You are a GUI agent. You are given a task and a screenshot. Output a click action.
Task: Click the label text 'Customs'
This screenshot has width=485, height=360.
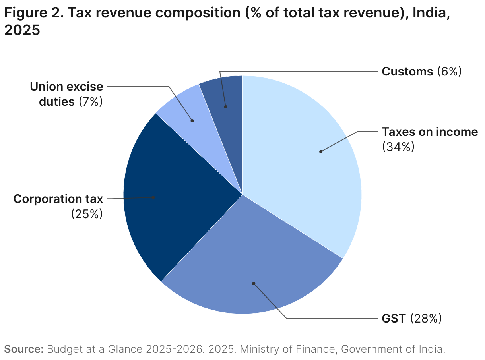click(x=407, y=72)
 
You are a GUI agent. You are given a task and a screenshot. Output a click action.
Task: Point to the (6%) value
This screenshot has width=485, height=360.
click(x=449, y=72)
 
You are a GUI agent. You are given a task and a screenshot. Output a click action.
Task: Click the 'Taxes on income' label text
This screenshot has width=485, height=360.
click(x=429, y=132)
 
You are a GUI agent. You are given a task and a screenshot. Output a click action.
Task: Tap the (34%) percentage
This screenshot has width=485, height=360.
click(x=398, y=147)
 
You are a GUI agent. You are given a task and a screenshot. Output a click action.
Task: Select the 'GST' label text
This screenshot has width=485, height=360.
click(x=393, y=318)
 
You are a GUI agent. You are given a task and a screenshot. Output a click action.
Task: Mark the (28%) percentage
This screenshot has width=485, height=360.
click(x=426, y=318)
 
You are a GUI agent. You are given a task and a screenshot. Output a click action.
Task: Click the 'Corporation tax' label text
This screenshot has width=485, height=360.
click(x=58, y=199)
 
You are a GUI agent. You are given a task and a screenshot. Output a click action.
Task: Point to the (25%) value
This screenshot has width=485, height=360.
click(x=87, y=214)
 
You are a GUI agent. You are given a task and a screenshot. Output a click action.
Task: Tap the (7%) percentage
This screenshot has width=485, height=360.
click(x=91, y=101)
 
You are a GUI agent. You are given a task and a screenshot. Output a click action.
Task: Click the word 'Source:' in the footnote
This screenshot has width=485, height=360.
click(x=23, y=350)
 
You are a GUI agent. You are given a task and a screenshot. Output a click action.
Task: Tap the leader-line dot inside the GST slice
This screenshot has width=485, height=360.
click(x=253, y=283)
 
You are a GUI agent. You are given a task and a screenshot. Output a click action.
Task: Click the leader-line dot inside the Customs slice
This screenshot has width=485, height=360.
click(x=226, y=106)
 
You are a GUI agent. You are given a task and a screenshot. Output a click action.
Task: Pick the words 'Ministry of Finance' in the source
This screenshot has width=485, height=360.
click(x=289, y=350)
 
